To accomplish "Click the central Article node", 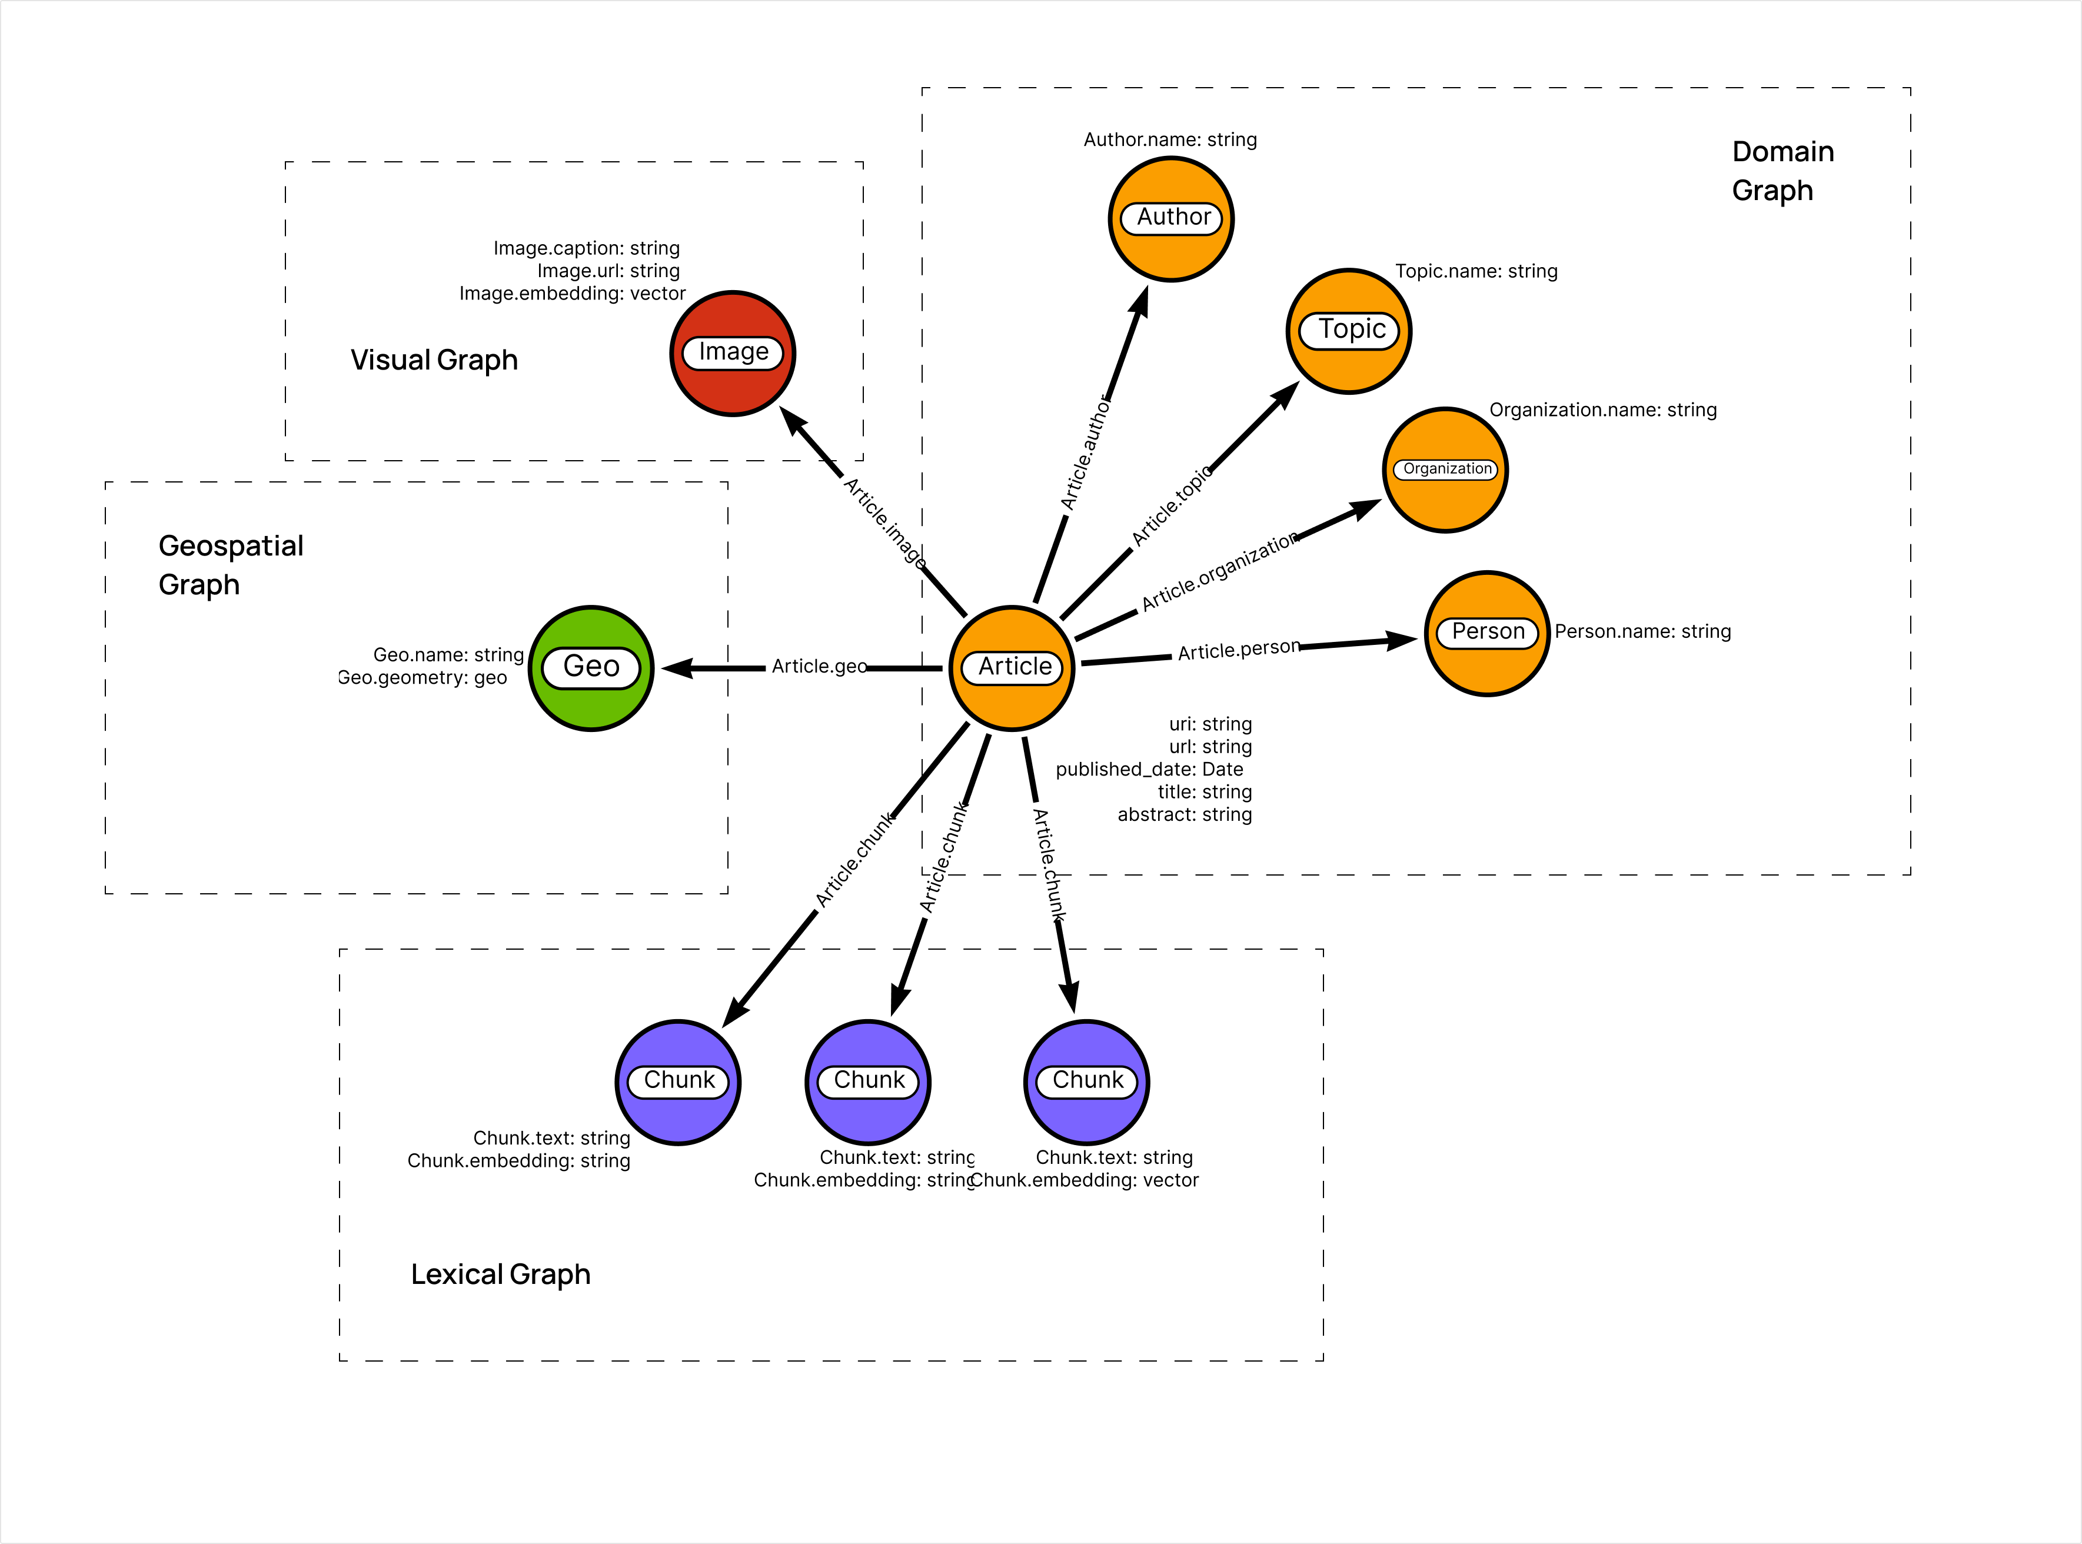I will pyautogui.click(x=1012, y=667).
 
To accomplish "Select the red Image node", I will pyautogui.click(x=733, y=353).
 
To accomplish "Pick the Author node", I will pyautogui.click(x=1171, y=219).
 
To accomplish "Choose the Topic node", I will pyautogui.click(x=1348, y=331).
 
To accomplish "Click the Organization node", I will pyautogui.click(x=1445, y=469).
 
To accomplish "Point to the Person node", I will pyautogui.click(x=1486, y=633).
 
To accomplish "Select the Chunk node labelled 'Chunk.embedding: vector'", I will pyautogui.click(x=1087, y=1082).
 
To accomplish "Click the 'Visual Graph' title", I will pyautogui.click(x=434, y=360).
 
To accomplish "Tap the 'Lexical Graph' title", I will pyautogui.click(x=500, y=1274).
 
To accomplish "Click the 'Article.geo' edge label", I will pyautogui.click(x=819, y=667).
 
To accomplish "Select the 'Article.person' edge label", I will pyautogui.click(x=1238, y=650).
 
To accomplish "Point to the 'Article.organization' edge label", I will pyautogui.click(x=1219, y=571).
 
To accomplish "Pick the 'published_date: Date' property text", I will pyautogui.click(x=1149, y=769).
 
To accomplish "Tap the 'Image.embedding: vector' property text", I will pyautogui.click(x=572, y=294).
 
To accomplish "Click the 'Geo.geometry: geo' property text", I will pyautogui.click(x=423, y=678).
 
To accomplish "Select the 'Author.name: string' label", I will pyautogui.click(x=1170, y=139).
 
